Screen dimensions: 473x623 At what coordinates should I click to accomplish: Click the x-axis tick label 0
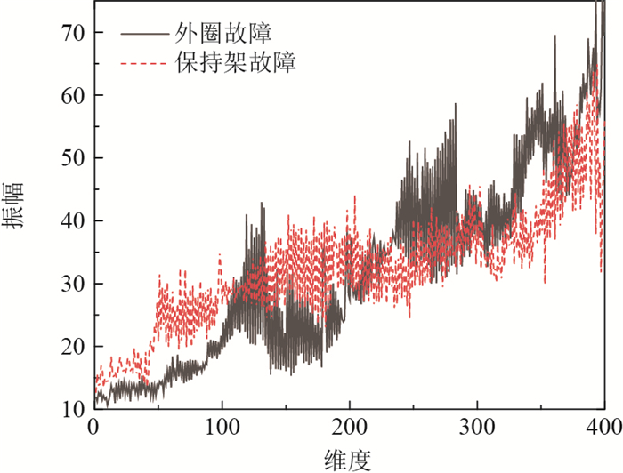(x=93, y=427)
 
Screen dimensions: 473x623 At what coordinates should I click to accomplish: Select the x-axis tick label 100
(x=221, y=427)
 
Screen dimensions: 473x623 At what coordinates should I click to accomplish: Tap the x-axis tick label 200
(x=349, y=427)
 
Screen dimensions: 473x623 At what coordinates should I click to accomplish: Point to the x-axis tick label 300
(x=477, y=427)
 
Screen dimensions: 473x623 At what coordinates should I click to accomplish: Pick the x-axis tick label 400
(x=604, y=427)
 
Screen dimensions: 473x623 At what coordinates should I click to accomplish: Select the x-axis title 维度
(x=348, y=459)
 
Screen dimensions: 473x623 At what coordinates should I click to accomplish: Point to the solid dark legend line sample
(x=143, y=35)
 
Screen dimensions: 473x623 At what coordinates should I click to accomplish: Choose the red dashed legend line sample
(x=143, y=63)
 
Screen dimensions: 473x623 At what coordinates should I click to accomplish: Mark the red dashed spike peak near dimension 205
(x=355, y=196)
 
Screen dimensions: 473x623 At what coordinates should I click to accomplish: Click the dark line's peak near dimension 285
(x=456, y=104)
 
